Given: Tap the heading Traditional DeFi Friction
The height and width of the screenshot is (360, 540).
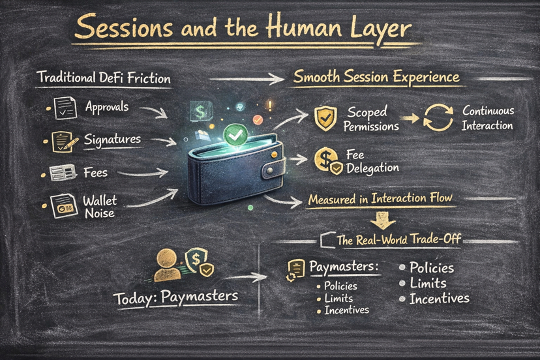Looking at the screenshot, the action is [x=104, y=79].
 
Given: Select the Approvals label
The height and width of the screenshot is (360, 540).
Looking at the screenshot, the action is [x=107, y=107].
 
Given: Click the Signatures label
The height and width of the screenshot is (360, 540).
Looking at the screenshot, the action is [x=112, y=140].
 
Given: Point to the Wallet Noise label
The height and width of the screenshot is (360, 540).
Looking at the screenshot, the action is [x=100, y=207].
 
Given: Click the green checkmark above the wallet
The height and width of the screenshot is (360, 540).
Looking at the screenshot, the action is [x=233, y=135].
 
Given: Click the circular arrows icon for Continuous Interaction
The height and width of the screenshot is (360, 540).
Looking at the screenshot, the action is [x=438, y=118].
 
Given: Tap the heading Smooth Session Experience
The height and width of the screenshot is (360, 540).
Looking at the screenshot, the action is [x=376, y=78].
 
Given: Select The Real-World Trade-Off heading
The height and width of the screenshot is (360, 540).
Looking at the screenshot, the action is [x=398, y=240].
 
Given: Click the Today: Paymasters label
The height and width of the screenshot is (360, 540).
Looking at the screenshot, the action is [x=175, y=297].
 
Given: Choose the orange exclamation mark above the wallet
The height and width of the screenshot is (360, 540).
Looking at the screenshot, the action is [x=268, y=106].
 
